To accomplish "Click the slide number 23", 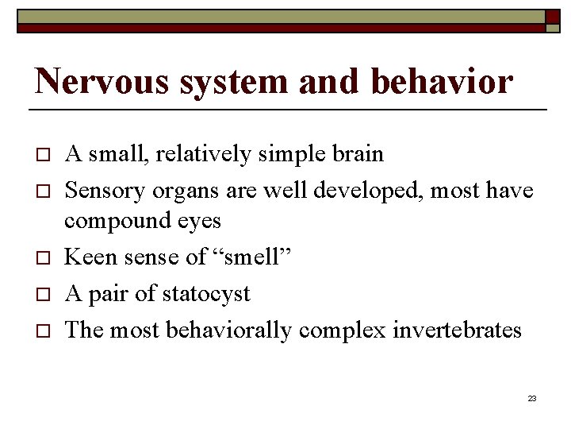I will tap(531, 397).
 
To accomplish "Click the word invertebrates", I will tap(457, 329).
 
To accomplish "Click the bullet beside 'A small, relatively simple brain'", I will tap(42, 154).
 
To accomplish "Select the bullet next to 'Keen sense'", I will tap(42, 257).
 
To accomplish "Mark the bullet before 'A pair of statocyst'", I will tap(42, 294).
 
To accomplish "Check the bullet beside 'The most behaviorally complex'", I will tap(42, 330).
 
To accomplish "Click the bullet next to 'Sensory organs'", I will tap(42, 191).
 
